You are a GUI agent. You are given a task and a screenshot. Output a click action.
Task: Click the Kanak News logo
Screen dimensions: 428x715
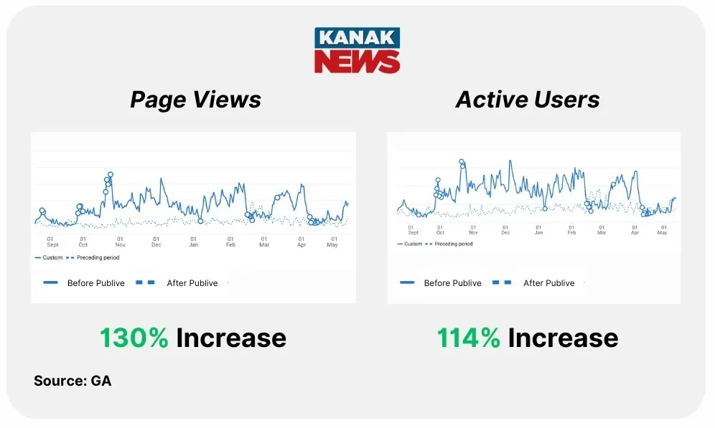click(357, 50)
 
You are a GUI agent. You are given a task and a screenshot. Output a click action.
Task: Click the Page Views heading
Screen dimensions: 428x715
click(195, 99)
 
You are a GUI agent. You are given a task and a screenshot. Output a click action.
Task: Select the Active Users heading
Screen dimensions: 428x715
click(528, 99)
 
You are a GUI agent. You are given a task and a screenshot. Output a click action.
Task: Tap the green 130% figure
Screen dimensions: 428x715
click(134, 338)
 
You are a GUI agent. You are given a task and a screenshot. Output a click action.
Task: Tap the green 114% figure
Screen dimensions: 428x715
click(469, 338)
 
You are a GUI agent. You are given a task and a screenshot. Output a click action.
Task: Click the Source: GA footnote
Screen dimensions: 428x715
click(73, 381)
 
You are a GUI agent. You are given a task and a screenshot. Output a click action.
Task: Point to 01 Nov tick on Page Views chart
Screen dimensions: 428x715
click(120, 242)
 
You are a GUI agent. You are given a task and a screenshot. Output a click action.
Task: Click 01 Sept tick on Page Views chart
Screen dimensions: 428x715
click(50, 242)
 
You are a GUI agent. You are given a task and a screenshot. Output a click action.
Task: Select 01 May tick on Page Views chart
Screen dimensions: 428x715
click(333, 242)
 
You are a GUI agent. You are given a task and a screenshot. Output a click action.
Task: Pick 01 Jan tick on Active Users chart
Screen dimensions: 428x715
click(538, 229)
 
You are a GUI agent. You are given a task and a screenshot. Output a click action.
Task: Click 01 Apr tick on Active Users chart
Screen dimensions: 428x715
click(635, 229)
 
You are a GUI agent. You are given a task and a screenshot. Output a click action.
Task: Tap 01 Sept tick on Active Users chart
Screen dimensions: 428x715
click(413, 229)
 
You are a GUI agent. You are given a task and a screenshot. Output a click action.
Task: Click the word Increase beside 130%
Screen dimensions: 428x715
click(230, 338)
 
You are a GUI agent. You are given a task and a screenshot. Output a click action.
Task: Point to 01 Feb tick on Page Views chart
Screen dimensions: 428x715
click(230, 242)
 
